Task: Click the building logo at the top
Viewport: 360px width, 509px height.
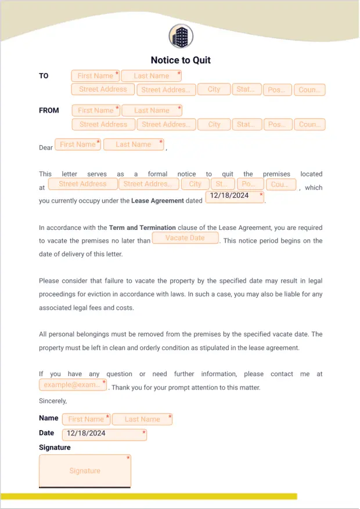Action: click(180, 37)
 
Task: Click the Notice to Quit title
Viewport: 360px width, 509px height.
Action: click(181, 60)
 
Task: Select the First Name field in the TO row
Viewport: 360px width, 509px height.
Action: click(95, 76)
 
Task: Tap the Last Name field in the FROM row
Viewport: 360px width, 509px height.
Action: click(152, 110)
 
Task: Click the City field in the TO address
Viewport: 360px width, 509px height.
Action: click(214, 89)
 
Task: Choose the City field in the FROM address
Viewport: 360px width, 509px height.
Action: click(214, 124)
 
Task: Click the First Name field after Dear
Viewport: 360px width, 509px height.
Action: click(78, 145)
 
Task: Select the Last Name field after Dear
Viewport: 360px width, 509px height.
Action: click(134, 145)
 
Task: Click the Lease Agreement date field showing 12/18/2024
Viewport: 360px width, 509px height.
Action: click(235, 196)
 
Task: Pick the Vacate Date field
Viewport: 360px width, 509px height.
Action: click(185, 238)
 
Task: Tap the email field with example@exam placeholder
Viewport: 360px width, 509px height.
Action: click(73, 385)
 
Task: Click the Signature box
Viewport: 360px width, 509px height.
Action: click(85, 471)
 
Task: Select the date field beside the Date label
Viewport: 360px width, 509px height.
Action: click(105, 434)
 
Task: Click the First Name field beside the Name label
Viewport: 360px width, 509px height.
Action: click(86, 419)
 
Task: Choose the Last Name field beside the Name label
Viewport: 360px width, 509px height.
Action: click(142, 419)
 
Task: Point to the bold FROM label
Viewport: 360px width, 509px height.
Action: click(49, 110)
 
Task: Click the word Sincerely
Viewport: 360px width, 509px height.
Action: click(53, 401)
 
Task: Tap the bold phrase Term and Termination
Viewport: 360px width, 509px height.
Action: click(142, 228)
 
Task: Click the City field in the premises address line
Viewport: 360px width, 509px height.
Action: click(195, 184)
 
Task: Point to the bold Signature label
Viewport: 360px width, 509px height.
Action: click(55, 447)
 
